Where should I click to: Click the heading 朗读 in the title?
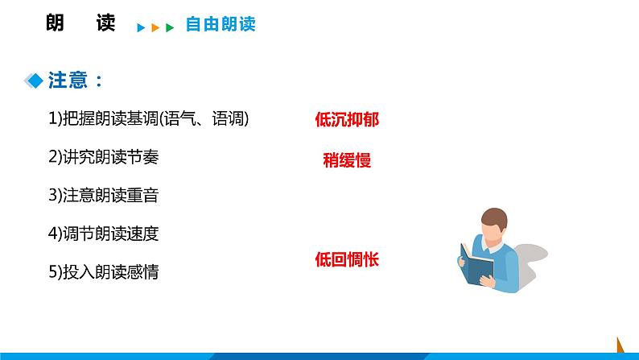coord(81,23)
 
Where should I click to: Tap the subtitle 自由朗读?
coord(220,25)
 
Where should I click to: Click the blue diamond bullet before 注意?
coord(35,81)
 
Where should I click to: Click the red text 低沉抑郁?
coord(347,120)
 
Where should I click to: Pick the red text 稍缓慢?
coord(347,159)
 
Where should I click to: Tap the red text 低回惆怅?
coord(347,259)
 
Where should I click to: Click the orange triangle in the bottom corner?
coord(620,345)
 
